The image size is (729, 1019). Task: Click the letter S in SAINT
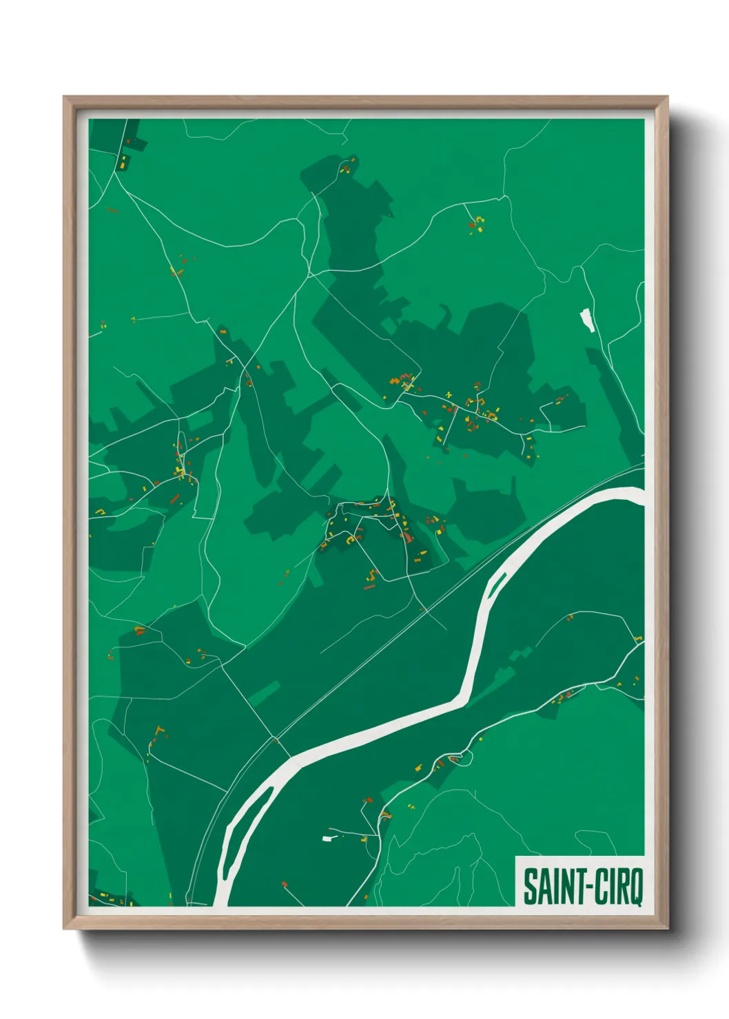tap(530, 887)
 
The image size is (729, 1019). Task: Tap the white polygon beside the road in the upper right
tap(587, 320)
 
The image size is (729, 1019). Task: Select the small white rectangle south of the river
tap(328, 838)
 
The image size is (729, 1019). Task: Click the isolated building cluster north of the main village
tap(475, 223)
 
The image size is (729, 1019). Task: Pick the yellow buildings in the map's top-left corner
tap(123, 162)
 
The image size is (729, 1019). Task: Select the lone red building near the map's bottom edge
tap(284, 884)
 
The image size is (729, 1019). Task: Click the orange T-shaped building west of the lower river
tap(160, 730)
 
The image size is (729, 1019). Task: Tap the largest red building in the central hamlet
tap(407, 536)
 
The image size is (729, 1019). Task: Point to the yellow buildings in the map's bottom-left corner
tap(110, 897)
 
